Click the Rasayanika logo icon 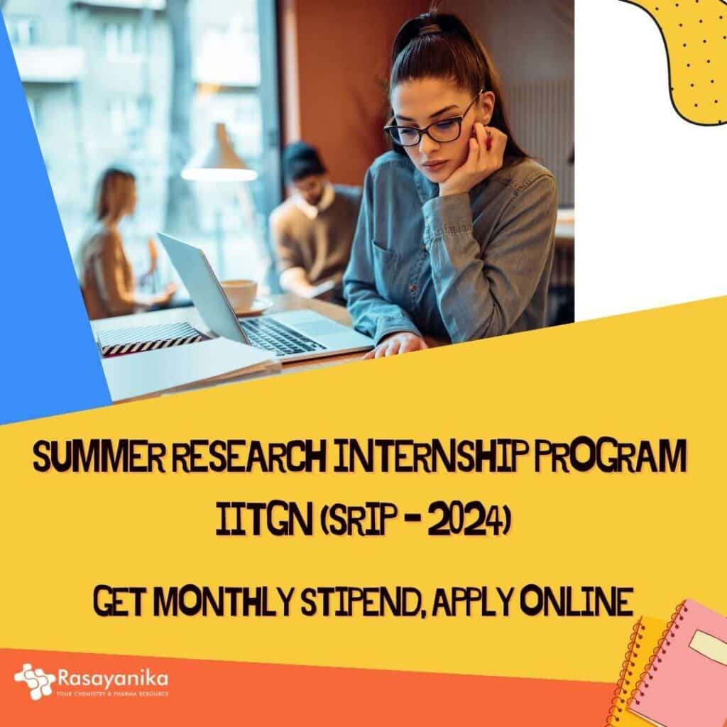tap(34, 682)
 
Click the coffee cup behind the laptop tap(239, 293)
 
